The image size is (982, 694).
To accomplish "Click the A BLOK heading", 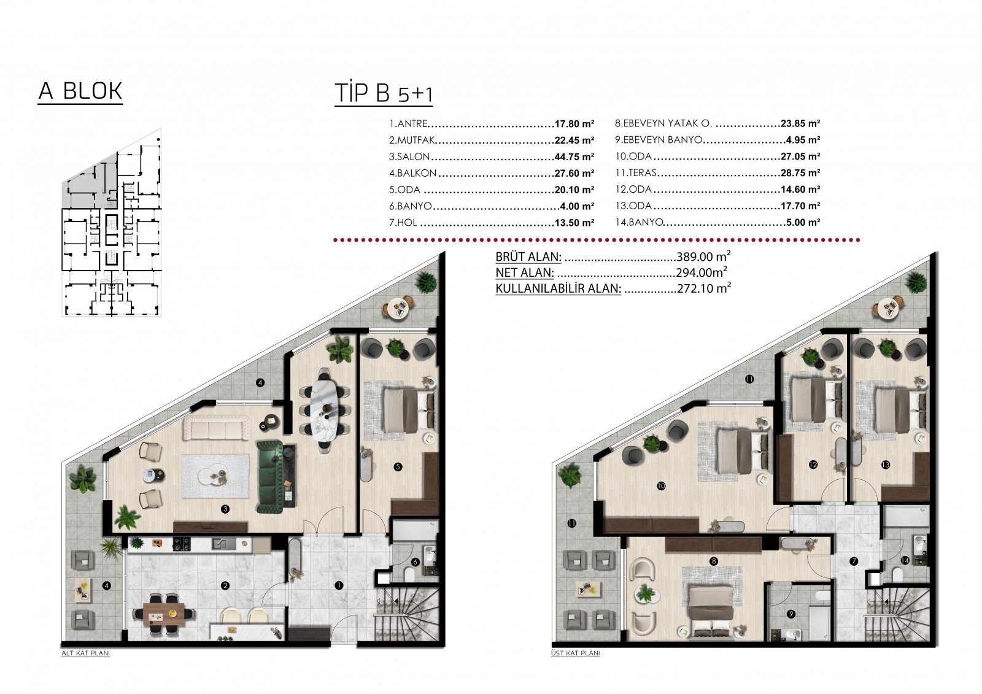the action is (80, 91).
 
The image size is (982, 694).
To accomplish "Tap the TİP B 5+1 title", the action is (384, 93).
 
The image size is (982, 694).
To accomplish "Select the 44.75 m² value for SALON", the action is (574, 157).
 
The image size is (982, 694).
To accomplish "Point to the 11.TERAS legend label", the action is (636, 172).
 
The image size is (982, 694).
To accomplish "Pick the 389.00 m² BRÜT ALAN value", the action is (703, 256).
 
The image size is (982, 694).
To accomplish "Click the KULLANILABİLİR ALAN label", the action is (558, 288).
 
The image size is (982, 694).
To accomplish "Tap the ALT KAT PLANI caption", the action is (85, 654).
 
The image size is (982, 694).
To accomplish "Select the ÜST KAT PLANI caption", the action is (576, 654).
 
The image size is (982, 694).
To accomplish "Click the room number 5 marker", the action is (398, 467).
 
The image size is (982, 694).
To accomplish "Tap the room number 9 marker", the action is (791, 614).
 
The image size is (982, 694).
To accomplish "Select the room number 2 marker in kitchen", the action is (225, 586).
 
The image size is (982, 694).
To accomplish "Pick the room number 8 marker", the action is (714, 561).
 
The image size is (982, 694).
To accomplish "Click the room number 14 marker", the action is (905, 560).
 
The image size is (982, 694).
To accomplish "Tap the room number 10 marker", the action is (661, 486).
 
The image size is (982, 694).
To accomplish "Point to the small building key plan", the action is (112, 222).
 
